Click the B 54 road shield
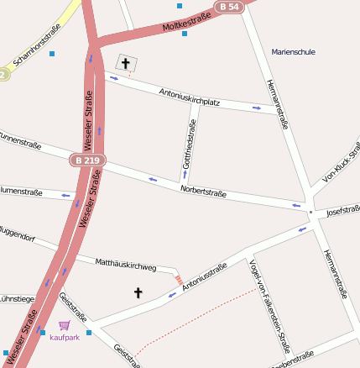[227, 7]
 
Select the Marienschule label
[293, 52]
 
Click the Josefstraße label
[343, 209]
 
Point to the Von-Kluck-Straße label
[341, 164]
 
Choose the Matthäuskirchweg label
[126, 265]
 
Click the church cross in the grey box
[127, 64]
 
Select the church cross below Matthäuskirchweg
[138, 292]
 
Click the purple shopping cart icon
[65, 325]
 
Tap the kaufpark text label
[65, 338]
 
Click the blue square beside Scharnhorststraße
[52, 54]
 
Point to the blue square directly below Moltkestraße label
[185, 34]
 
